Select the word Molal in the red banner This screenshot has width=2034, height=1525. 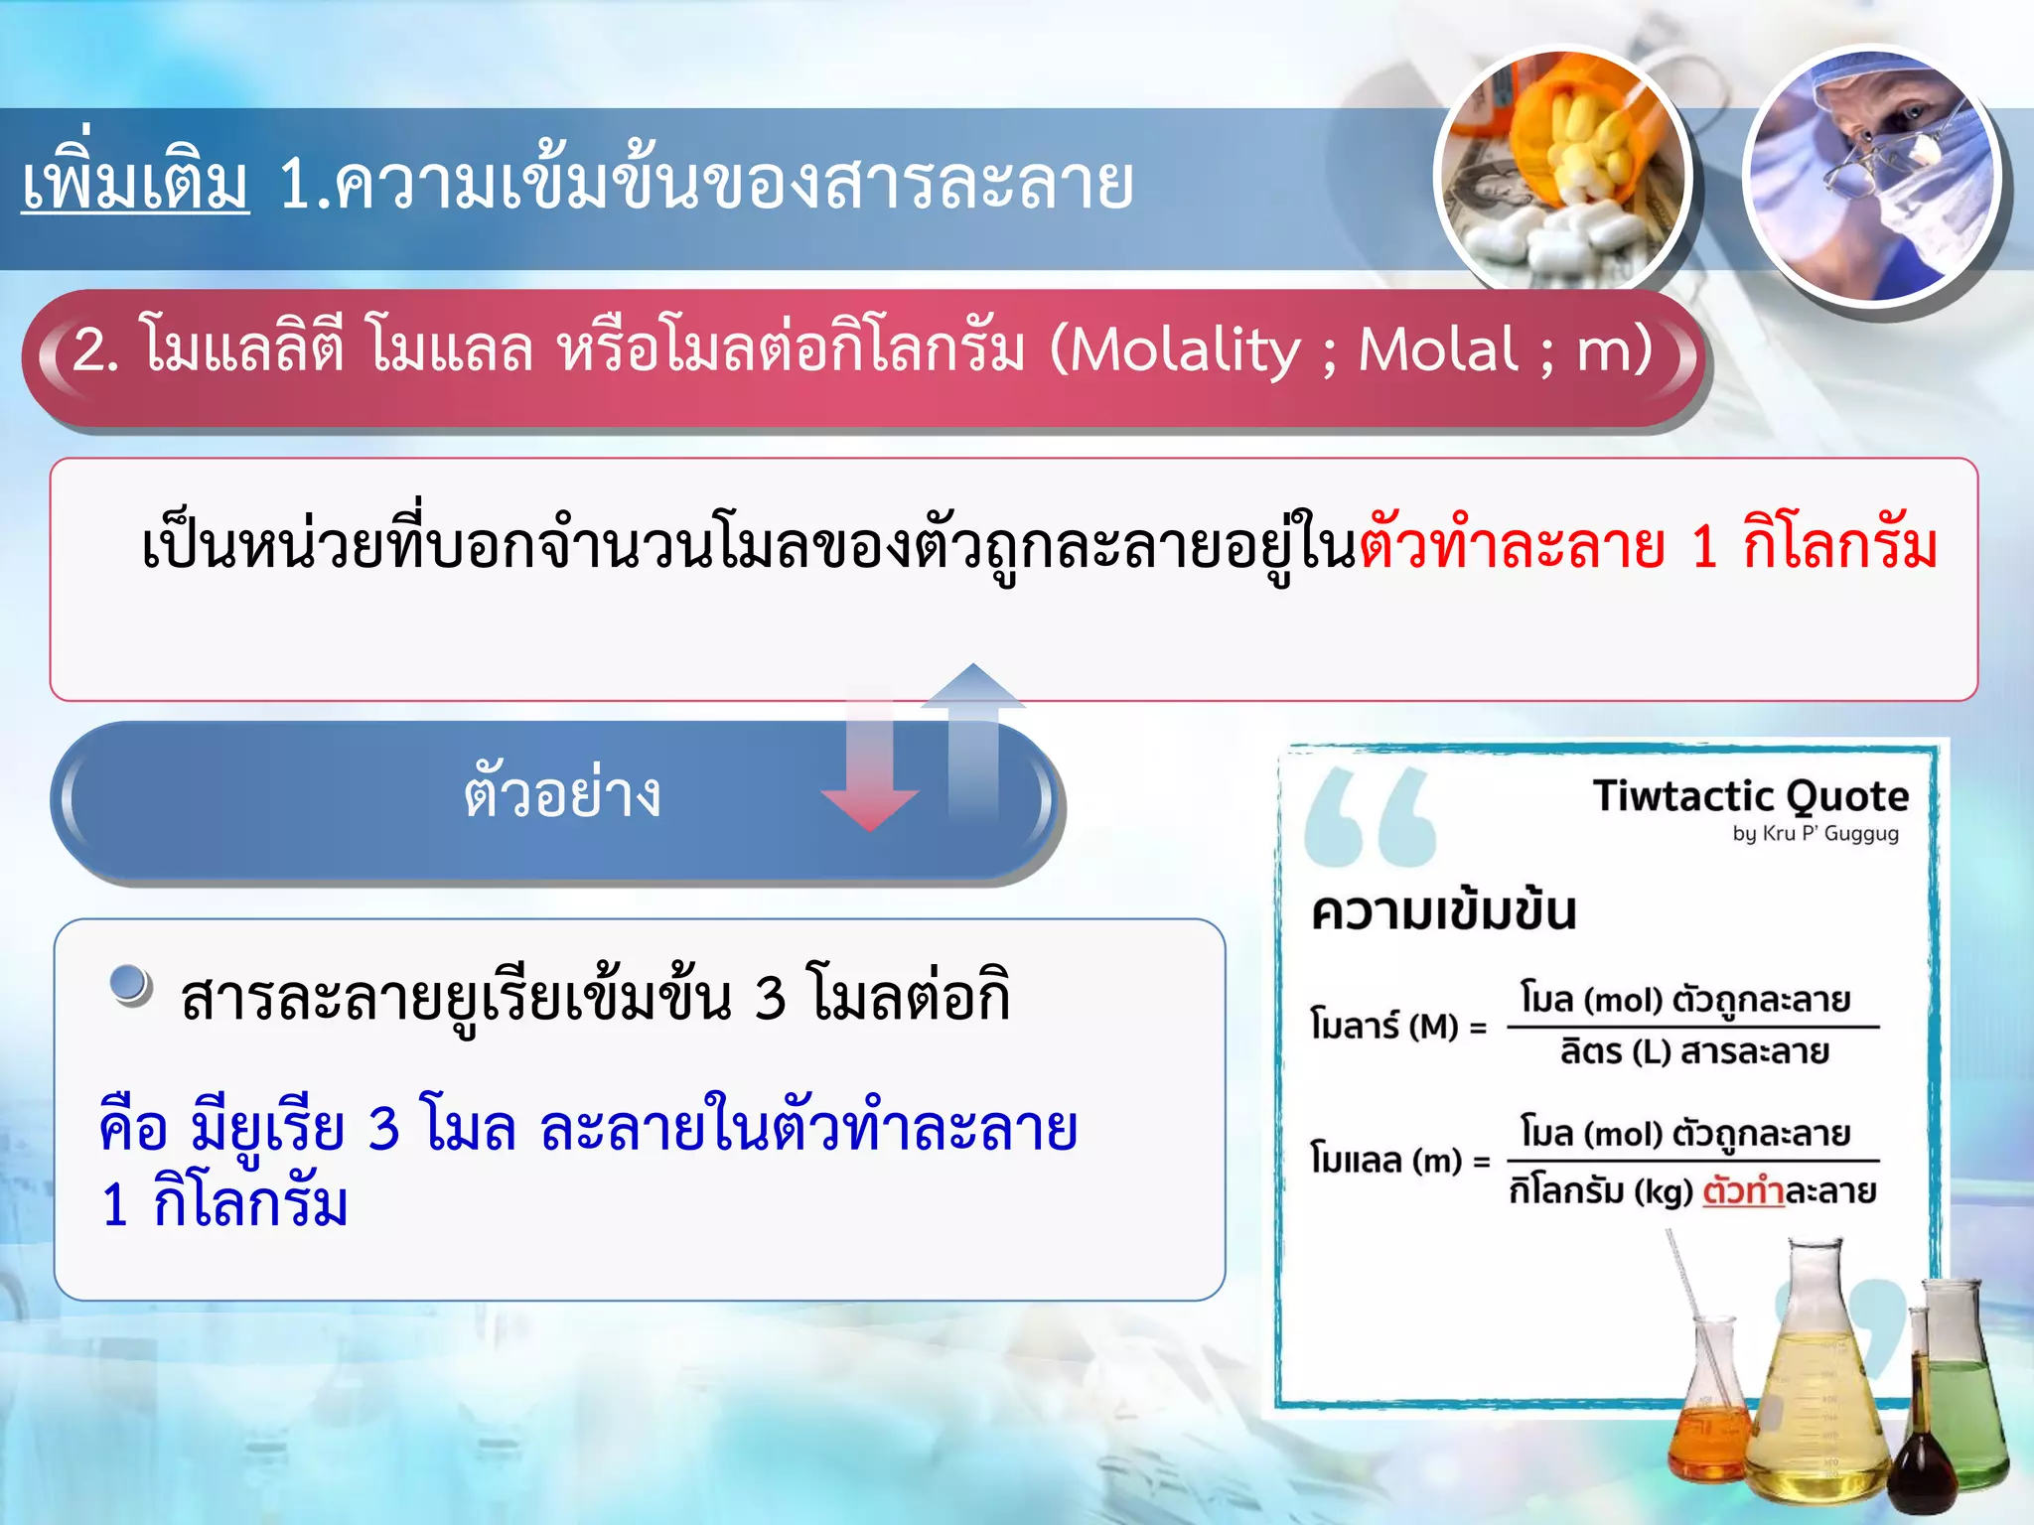pos(1438,349)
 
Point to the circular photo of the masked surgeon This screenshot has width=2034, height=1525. pos(1872,174)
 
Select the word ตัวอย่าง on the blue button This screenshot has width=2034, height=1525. pos(562,794)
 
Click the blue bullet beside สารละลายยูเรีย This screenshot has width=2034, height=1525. pos(130,986)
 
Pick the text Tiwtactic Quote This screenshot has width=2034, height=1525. pos(1750,796)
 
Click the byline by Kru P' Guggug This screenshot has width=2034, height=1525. pos(1815,834)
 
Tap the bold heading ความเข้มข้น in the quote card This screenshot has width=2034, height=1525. pos(1443,911)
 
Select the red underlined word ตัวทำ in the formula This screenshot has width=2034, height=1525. pos(1743,1190)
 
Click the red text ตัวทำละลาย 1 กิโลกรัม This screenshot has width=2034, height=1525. pos(1649,546)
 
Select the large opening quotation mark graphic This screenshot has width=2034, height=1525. pos(1371,817)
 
